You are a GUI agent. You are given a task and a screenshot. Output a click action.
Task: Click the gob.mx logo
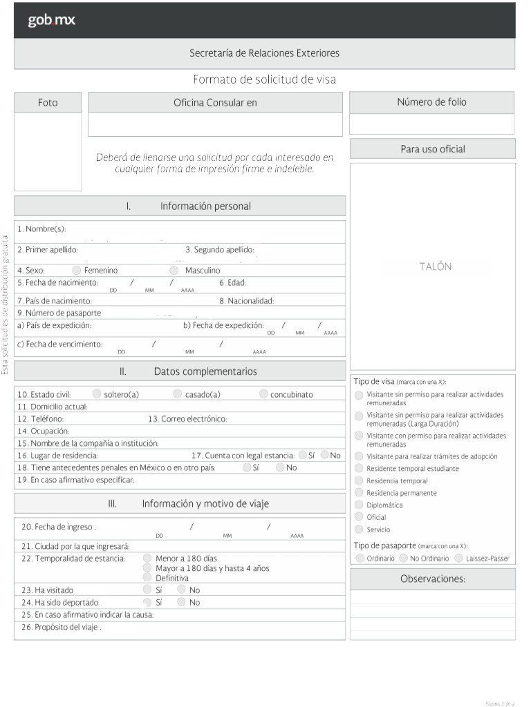point(51,21)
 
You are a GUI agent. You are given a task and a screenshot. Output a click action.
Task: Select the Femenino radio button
point(77,271)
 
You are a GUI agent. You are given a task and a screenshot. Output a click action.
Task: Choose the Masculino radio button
point(174,271)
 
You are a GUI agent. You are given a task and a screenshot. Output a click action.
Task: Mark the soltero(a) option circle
point(97,394)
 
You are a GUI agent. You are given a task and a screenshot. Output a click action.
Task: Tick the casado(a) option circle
point(178,394)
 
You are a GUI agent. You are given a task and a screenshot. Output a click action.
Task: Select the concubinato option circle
point(264,394)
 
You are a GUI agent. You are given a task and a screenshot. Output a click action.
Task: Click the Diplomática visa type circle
point(359,505)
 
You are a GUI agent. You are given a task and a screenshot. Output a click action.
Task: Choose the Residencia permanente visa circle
point(359,493)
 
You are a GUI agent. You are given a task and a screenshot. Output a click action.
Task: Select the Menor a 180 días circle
point(147,558)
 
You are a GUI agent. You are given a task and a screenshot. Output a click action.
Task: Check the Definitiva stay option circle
point(147,577)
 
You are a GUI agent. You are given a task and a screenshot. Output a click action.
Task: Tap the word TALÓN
point(435,267)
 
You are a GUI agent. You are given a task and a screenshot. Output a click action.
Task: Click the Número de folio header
point(431,102)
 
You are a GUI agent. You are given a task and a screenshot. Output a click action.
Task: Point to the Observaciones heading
point(433,579)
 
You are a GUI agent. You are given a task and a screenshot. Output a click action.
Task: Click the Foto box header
point(48,103)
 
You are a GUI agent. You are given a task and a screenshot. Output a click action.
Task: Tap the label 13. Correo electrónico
point(187,419)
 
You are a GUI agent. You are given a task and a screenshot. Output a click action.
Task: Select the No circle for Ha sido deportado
point(181,602)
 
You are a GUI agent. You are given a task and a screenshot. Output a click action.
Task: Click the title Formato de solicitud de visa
point(264,79)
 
